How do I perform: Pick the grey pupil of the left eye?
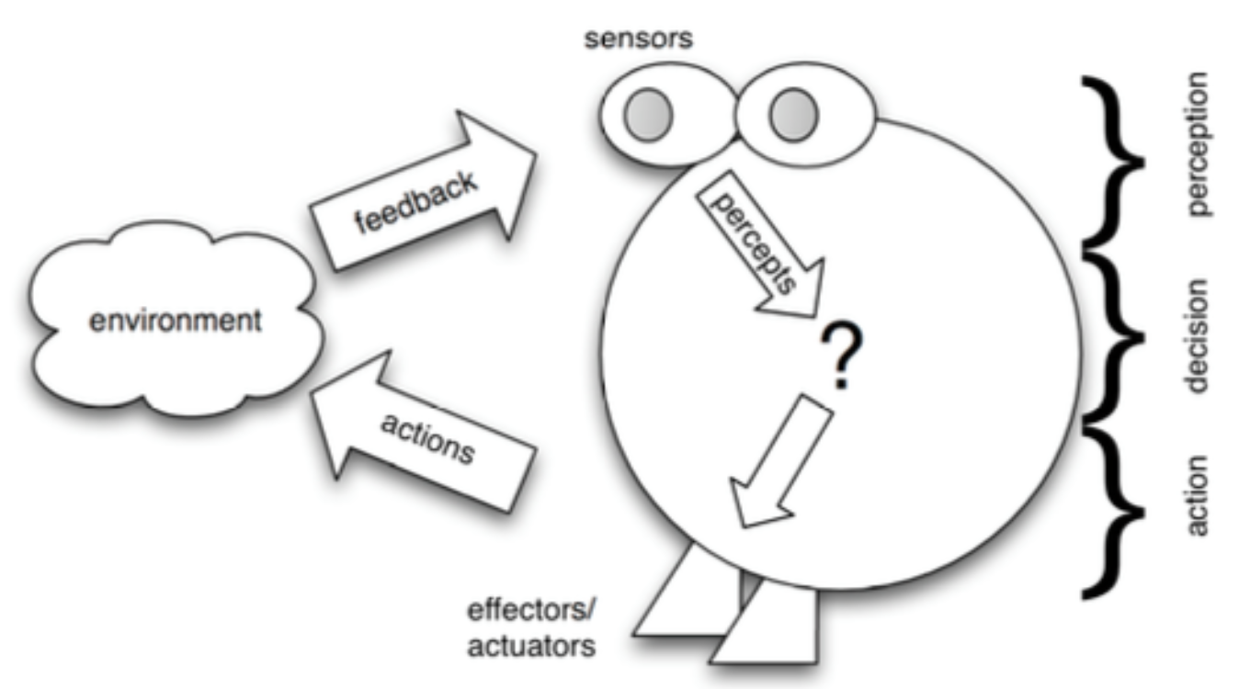click(x=649, y=114)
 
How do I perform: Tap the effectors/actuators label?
click(x=531, y=628)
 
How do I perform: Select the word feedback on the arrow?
click(x=419, y=202)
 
